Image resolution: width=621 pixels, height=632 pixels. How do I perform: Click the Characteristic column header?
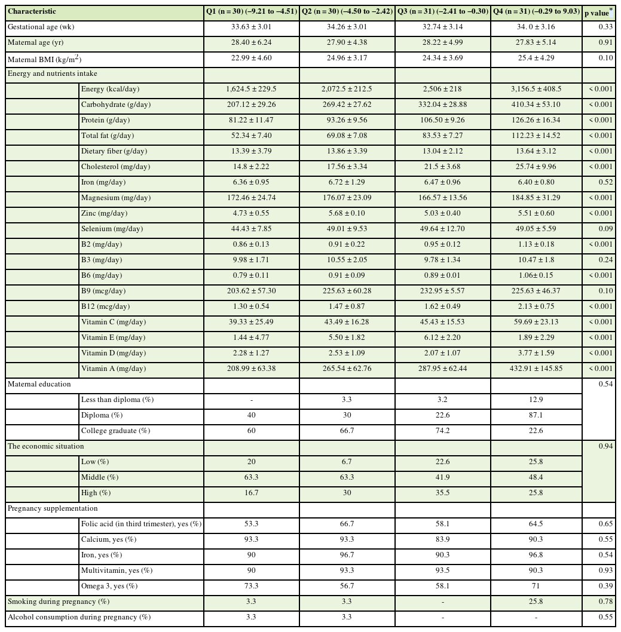point(32,11)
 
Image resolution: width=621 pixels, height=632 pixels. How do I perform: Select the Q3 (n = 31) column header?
point(443,11)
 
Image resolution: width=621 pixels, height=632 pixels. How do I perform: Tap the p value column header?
point(598,11)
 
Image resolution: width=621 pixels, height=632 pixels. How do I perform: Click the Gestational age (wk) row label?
point(41,27)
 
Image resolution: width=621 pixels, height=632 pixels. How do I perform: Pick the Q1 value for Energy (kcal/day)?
point(251,89)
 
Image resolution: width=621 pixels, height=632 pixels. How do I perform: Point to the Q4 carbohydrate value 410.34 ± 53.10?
point(536,105)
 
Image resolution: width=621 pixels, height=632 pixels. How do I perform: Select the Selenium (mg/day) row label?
point(110,229)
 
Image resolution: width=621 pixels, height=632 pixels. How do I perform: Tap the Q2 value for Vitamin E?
point(347,338)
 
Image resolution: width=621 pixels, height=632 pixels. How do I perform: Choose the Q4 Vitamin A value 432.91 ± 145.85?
point(536,369)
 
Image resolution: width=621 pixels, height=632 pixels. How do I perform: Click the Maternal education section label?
point(39,384)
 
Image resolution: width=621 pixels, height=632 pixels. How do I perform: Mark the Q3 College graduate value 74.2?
point(443,431)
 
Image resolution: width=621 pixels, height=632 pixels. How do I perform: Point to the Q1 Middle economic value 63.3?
point(251,477)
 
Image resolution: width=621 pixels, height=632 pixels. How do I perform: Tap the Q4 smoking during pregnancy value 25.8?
point(536,602)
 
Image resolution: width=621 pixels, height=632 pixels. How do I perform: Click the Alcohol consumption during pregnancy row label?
point(79,617)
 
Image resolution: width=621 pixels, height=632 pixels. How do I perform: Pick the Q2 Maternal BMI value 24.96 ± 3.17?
point(347,58)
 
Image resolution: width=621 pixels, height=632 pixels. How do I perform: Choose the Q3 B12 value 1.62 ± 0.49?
point(443,306)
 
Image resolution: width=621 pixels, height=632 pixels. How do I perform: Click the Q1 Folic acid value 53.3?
point(251,524)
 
